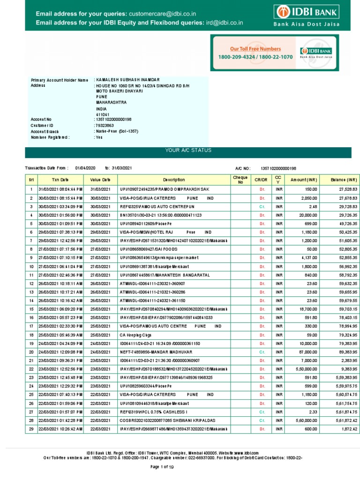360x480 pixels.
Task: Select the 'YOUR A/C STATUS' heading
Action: pos(187,150)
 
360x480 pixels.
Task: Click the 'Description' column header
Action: pos(174,180)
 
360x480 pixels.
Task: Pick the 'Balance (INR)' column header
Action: pos(344,180)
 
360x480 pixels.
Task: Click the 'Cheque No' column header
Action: pos(240,180)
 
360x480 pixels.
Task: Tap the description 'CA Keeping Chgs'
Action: pos(136,335)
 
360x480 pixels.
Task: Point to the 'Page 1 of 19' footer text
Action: pos(161,467)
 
